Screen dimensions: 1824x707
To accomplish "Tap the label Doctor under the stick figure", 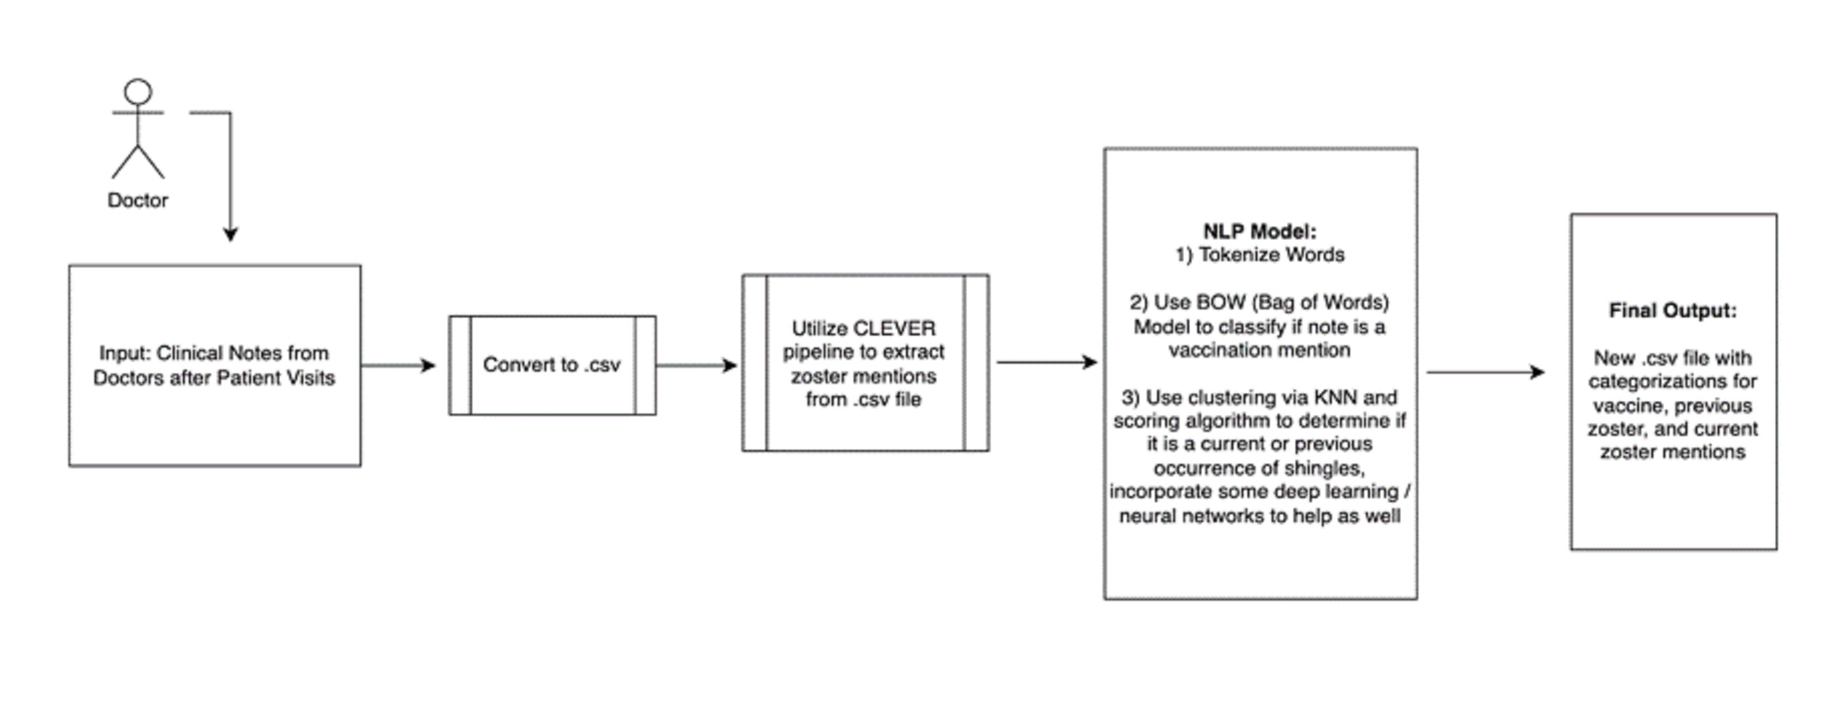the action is pos(137,200).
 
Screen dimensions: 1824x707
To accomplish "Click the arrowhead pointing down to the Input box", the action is pos(230,234).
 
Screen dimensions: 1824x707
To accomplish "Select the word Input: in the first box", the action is pos(125,353).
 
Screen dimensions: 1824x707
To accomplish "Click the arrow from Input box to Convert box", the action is pos(398,365).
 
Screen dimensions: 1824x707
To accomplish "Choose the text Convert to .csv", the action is pos(552,364).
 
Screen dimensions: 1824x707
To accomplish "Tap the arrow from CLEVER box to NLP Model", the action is pos(1047,362).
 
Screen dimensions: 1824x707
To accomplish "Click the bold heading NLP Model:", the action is pos(1260,232).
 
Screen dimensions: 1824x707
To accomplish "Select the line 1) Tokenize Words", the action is pos(1260,255).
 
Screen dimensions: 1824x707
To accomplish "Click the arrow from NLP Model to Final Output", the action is pos(1485,372).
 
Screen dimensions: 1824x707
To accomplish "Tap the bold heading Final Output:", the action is pos(1673,311).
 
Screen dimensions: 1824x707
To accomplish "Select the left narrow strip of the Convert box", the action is pos(460,365).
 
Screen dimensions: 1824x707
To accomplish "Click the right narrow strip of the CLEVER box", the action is pos(976,362).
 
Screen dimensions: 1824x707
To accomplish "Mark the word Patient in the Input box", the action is pos(246,378).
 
